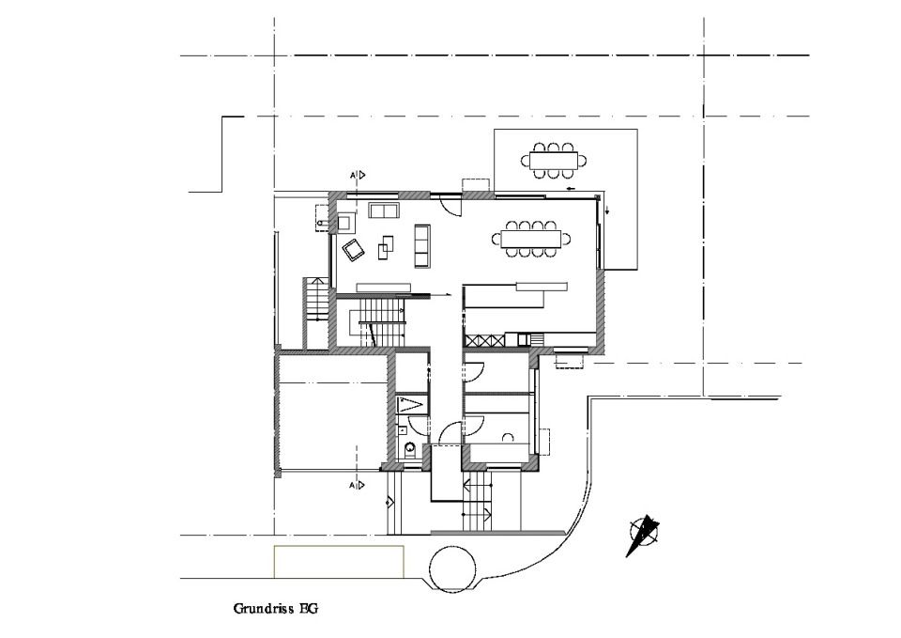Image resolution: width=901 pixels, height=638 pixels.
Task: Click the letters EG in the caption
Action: pyautogui.click(x=308, y=609)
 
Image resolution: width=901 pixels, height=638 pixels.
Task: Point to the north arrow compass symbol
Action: pyautogui.click(x=642, y=536)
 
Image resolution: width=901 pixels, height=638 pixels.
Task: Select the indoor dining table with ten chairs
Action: pyautogui.click(x=531, y=239)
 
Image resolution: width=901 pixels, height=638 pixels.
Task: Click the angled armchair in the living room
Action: pyautogui.click(x=354, y=250)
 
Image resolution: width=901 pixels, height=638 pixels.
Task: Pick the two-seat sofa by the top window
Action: pyautogui.click(x=384, y=210)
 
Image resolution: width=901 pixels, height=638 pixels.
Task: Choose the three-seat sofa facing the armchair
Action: pyautogui.click(x=422, y=245)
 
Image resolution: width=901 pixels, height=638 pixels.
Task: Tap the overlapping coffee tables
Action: pyautogui.click(x=386, y=248)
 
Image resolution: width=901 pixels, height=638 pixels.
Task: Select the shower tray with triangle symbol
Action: pyautogui.click(x=411, y=404)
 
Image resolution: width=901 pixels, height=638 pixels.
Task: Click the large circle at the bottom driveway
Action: pyautogui.click(x=452, y=568)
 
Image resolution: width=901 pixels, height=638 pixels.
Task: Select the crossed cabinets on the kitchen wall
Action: pyautogui.click(x=484, y=340)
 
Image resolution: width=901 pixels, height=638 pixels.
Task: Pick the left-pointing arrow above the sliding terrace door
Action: pyautogui.click(x=571, y=189)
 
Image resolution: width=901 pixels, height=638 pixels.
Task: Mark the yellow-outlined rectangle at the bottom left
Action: pyautogui.click(x=339, y=562)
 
